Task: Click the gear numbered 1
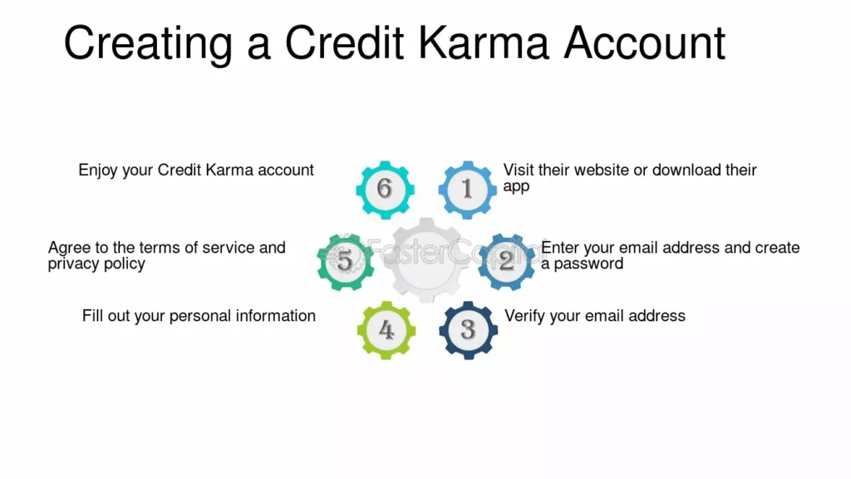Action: pos(467,190)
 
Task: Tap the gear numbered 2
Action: pos(506,262)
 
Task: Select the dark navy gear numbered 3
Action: pos(469,330)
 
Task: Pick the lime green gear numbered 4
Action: pos(386,330)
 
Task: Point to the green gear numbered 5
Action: pos(346,262)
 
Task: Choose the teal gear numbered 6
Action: pos(386,190)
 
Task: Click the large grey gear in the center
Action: pos(426,260)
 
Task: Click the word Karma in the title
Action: pos(484,43)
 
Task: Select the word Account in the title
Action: pos(645,43)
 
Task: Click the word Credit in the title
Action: pos(345,43)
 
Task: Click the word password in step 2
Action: pos(589,264)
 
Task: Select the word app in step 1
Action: pos(516,187)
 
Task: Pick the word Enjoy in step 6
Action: pos(98,170)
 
